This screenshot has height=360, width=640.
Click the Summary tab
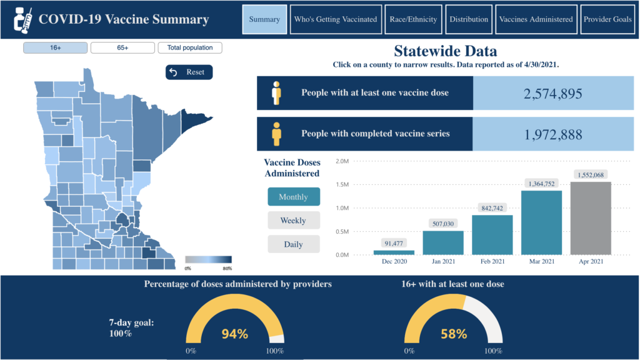click(264, 19)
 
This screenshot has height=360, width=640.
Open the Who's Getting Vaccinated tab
click(336, 19)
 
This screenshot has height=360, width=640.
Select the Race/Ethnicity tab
click(413, 19)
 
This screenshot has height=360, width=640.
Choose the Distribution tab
click(469, 19)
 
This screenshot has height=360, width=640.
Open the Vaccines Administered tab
click(536, 19)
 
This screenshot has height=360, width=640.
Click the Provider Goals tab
click(607, 19)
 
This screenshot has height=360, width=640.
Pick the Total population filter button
click(190, 47)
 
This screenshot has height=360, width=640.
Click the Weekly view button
click(293, 220)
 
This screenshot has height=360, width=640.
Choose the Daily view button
click(293, 244)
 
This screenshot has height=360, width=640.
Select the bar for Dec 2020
click(394, 252)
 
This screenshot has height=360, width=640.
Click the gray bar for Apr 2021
click(591, 218)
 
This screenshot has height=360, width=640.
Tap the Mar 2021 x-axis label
click(541, 261)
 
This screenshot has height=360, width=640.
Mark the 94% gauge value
click(235, 334)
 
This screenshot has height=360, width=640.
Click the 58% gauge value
click(453, 334)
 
